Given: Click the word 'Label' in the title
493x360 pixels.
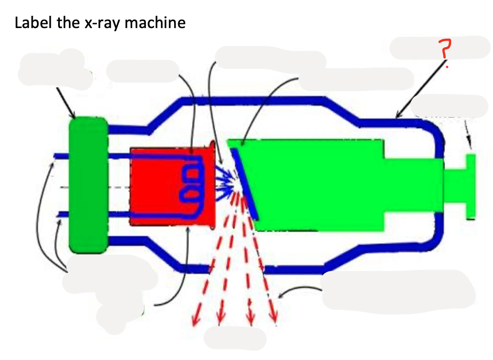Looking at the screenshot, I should pos(33,23).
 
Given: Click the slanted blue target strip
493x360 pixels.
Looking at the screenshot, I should pos(244,183).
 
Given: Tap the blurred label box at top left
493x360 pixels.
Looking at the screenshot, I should pos(53,69).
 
